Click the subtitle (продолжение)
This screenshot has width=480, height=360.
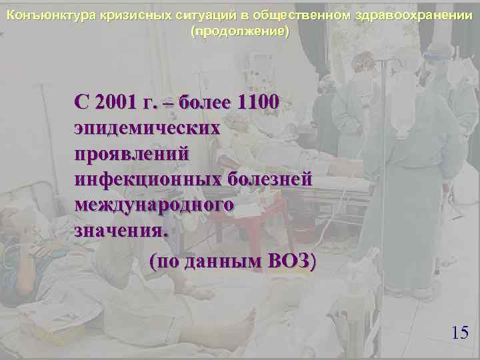coord(240,31)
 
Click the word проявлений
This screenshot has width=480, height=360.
coord(133,153)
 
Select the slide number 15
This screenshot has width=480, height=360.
coord(459,333)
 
